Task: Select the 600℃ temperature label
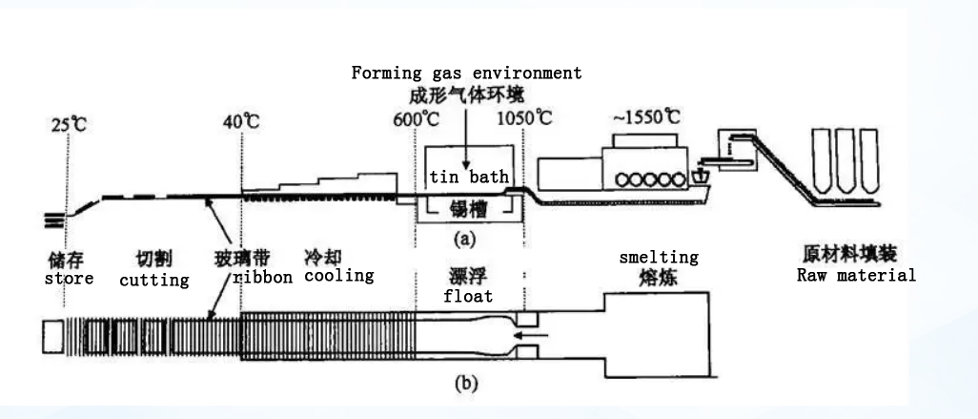[412, 120]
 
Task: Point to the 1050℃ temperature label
[525, 120]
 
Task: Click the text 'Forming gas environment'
[466, 73]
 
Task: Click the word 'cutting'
[153, 281]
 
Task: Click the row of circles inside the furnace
[644, 177]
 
